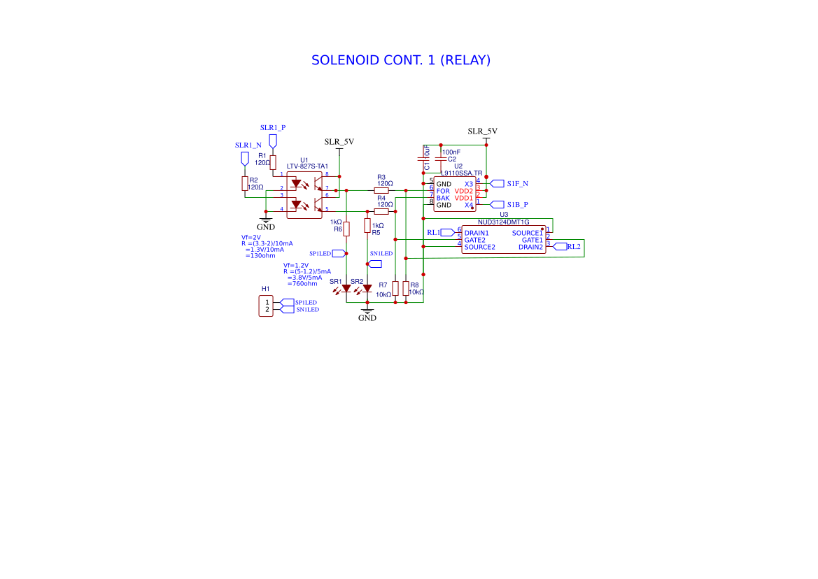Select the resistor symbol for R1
[273, 162]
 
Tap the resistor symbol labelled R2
[245, 183]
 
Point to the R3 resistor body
[381, 190]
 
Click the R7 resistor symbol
[395, 289]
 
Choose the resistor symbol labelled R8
[406, 289]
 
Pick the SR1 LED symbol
[346, 288]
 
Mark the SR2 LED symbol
[367, 288]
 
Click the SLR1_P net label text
[273, 128]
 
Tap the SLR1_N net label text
[248, 145]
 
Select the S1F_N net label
[517, 183]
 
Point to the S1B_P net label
[517, 204]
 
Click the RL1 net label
[433, 232]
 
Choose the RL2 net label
[574, 246]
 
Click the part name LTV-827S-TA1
[307, 166]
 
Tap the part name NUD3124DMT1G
[504, 222]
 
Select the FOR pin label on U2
[443, 191]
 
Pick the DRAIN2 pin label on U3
[530, 247]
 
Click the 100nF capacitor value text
[451, 152]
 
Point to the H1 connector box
[266, 306]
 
